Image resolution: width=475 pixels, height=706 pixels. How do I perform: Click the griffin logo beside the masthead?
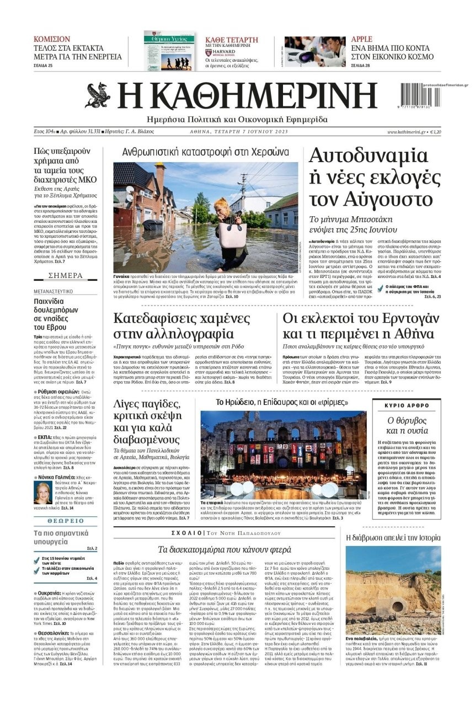point(98,94)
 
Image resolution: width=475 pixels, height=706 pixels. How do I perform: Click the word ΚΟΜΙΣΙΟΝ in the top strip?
point(52,39)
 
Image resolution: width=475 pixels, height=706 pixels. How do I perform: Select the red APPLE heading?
point(362,39)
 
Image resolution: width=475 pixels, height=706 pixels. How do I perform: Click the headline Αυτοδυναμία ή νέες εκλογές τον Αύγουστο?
point(374,177)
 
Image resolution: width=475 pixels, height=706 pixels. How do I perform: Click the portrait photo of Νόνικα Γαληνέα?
point(42,492)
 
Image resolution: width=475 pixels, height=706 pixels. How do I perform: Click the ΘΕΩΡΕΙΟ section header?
point(65,520)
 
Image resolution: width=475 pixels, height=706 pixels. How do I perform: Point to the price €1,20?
point(435,132)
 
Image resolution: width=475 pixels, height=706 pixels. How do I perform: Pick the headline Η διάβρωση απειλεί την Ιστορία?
point(393,537)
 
